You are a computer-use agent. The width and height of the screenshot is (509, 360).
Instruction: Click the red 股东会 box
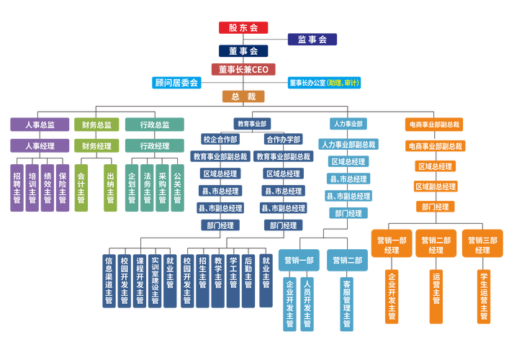click(243, 28)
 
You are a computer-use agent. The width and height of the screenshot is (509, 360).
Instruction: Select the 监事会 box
click(312, 40)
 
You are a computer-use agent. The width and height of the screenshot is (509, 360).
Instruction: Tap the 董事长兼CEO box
click(243, 68)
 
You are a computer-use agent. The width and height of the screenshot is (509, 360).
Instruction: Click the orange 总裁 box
click(243, 96)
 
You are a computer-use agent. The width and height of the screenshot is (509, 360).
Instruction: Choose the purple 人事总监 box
click(40, 125)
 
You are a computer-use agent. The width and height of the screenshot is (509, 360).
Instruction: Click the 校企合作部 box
click(220, 140)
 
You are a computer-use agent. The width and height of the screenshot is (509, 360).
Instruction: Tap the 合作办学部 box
click(283, 140)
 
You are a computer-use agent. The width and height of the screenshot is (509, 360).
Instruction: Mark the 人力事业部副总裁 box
click(348, 144)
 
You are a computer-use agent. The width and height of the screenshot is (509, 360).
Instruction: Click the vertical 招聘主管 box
click(17, 188)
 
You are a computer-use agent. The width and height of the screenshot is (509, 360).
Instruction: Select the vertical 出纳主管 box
click(110, 188)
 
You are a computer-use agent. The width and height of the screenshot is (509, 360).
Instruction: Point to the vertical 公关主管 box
click(178, 188)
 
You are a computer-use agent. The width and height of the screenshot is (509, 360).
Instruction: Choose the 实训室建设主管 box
click(155, 281)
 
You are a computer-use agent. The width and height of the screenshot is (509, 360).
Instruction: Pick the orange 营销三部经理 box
click(482, 245)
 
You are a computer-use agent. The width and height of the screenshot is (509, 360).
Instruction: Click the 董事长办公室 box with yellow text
click(324, 83)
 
